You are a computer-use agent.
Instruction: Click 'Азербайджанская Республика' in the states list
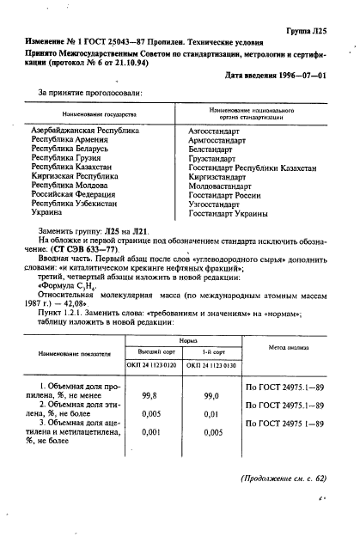84,131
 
